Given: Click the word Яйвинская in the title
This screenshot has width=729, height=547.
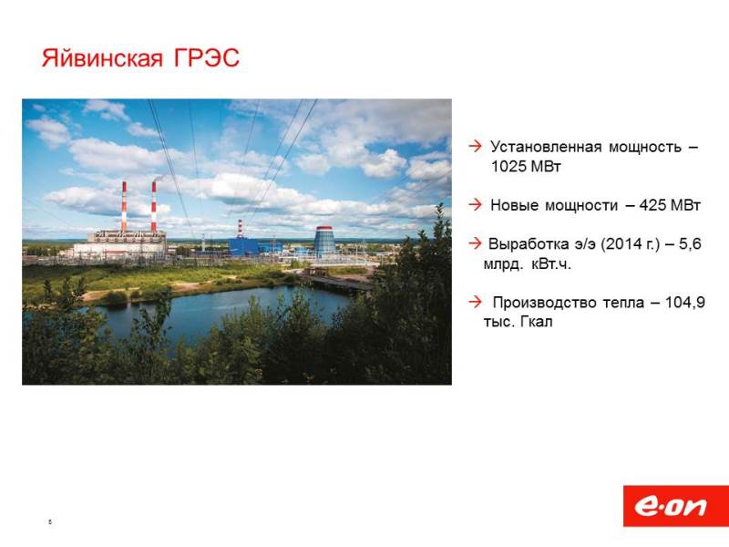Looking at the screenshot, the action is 102,58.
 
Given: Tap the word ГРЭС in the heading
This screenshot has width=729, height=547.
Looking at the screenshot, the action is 207,57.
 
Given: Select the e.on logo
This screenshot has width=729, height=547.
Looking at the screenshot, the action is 675,506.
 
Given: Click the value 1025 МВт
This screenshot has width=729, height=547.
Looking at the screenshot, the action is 526,166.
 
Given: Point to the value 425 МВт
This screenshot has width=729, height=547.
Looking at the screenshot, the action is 670,204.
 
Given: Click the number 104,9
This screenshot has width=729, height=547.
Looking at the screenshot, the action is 685,303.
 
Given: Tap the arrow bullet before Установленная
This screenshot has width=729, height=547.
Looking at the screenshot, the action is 475,146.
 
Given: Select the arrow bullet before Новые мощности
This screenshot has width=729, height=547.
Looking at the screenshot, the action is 475,204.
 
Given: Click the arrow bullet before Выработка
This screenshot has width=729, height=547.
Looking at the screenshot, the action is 475,243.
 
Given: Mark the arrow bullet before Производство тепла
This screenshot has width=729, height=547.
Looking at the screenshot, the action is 475,302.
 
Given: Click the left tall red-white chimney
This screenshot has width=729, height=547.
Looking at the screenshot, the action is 124,207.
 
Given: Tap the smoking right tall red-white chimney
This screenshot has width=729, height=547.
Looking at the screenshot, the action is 154,207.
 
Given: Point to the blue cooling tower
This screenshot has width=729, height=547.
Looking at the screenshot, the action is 324,240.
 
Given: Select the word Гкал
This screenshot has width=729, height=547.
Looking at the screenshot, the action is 536,322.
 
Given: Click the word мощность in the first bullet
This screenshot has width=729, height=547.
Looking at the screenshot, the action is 645,147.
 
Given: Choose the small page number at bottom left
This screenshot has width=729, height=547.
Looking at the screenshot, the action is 50,521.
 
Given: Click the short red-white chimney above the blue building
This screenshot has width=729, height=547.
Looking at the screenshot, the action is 240,229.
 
